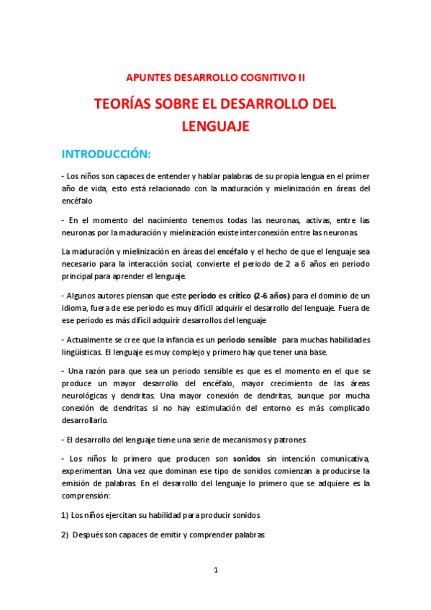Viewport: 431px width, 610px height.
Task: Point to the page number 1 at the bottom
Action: click(215, 570)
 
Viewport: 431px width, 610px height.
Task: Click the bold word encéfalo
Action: click(229, 251)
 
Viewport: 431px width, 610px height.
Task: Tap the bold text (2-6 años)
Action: click(269, 296)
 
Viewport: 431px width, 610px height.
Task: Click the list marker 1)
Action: click(64, 515)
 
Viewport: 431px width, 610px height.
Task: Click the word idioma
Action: click(75, 308)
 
